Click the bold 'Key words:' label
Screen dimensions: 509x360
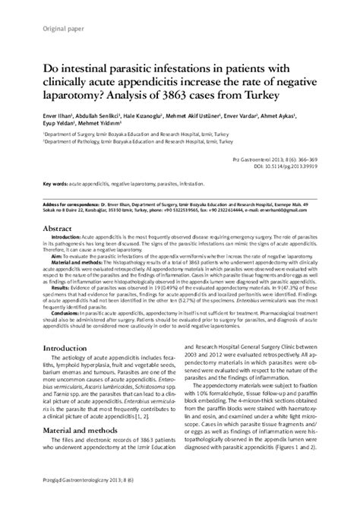[57, 185]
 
